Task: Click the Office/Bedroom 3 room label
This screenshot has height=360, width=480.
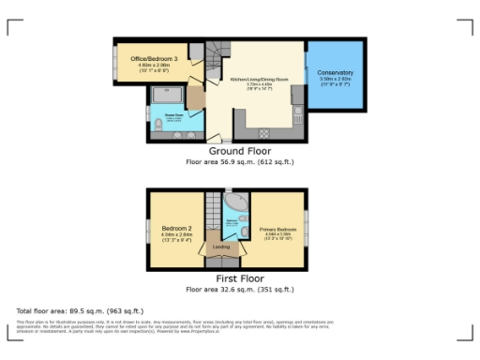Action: click(x=155, y=59)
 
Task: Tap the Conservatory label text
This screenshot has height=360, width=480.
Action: click(x=335, y=73)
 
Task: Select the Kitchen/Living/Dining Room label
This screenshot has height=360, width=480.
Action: click(x=260, y=81)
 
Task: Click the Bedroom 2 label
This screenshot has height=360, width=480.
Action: click(x=176, y=229)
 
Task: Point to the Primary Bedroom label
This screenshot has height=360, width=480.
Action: click(x=278, y=229)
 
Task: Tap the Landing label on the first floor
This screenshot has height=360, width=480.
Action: click(x=221, y=247)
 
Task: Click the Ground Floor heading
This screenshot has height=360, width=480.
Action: click(x=239, y=151)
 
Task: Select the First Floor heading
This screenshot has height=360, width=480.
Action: click(x=239, y=278)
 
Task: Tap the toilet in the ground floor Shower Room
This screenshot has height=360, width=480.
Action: click(x=157, y=126)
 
